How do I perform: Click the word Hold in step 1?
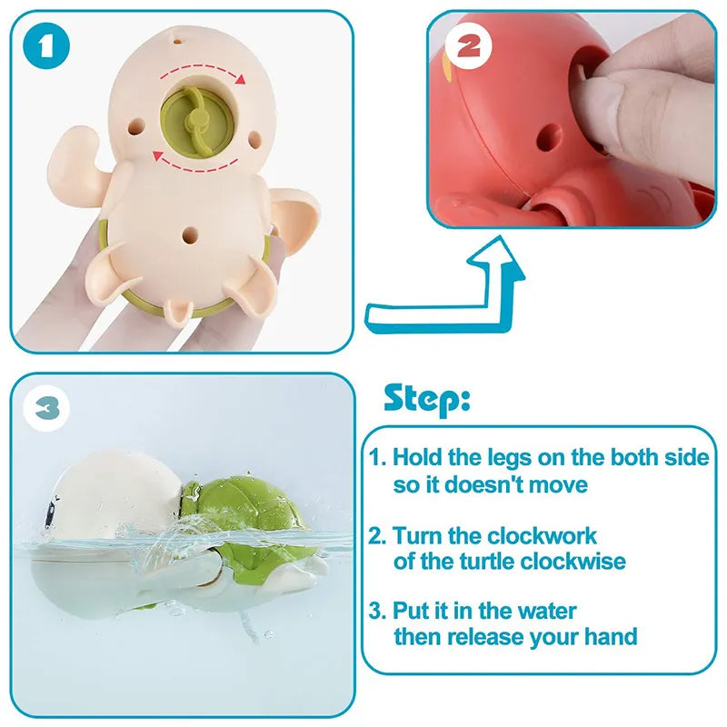pos(417,457)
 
